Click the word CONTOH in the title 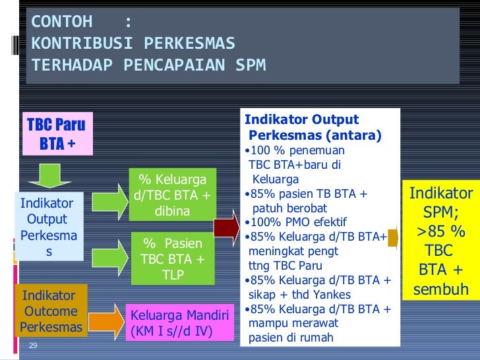(62, 22)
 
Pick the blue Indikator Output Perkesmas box (47, 227)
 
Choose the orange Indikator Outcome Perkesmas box (51, 311)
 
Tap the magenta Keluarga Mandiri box (180, 323)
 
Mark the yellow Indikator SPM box (440, 241)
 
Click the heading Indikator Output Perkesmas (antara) (313, 128)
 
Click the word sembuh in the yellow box (440, 289)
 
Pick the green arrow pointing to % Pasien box (109, 251)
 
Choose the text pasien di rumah (290, 338)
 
